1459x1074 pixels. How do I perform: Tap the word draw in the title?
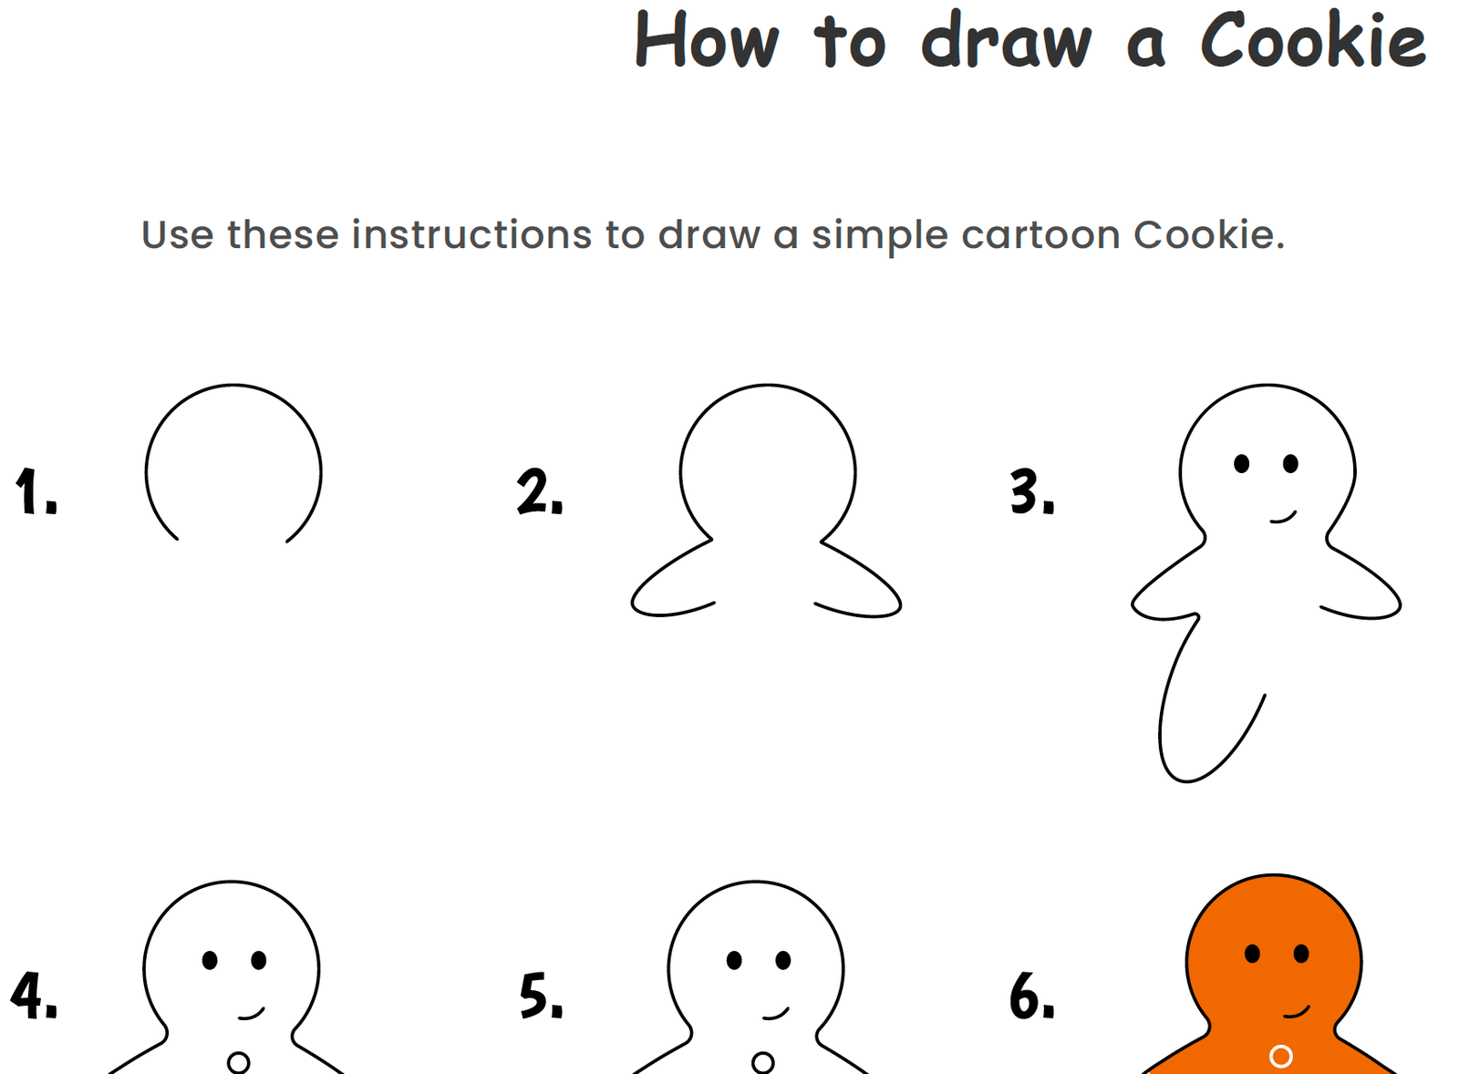tap(1005, 41)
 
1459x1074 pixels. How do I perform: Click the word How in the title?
tap(707, 41)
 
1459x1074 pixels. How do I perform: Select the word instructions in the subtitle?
tap(471, 235)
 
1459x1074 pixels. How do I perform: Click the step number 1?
tap(35, 492)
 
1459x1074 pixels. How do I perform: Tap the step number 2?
tap(539, 492)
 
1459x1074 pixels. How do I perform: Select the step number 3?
tap(1031, 492)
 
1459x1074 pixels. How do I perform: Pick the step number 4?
tap(34, 996)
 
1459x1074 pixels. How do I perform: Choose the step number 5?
tap(541, 996)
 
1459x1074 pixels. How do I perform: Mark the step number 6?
tap(1031, 996)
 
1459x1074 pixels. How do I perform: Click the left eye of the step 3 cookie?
tap(1241, 464)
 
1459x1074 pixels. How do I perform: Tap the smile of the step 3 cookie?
tap(1284, 518)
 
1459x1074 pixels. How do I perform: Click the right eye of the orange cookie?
tap(1301, 954)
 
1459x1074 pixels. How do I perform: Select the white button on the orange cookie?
tap(1280, 1056)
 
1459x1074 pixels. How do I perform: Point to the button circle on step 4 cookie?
tap(238, 1062)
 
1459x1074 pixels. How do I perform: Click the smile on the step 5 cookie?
tap(776, 1013)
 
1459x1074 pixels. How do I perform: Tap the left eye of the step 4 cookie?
tap(210, 960)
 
